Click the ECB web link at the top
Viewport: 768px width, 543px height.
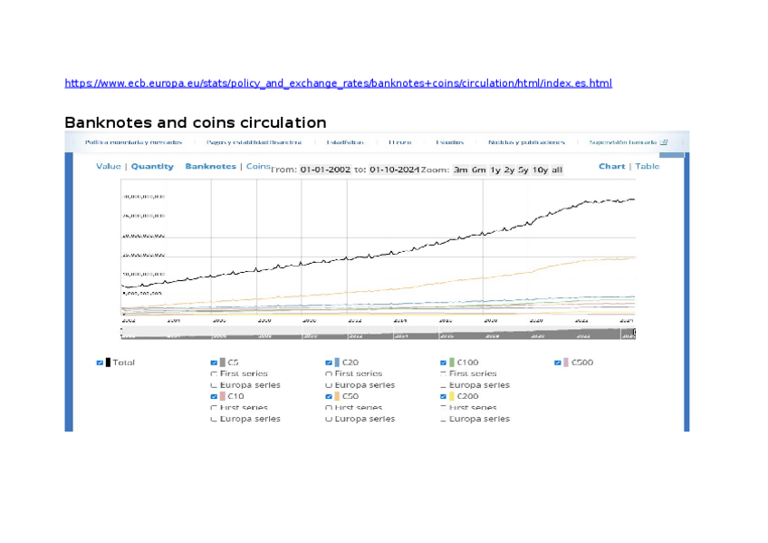tap(338, 83)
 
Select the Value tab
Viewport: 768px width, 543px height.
tap(108, 167)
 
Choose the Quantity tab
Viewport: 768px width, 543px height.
tap(152, 167)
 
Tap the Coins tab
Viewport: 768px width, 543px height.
tap(258, 167)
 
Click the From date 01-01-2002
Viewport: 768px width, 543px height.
tap(325, 170)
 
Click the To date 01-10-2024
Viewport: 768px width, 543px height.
tap(394, 170)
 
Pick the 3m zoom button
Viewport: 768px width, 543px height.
tap(460, 170)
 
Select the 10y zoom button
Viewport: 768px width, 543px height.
tap(540, 170)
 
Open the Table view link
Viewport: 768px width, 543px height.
tap(647, 167)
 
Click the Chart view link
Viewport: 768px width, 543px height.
tap(611, 167)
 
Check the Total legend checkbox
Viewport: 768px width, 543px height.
tap(100, 363)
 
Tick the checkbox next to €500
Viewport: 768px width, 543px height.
tap(558, 363)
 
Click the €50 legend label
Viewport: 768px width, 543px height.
tap(350, 396)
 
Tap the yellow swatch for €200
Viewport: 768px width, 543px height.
tap(451, 396)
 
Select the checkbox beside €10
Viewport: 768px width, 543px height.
tap(214, 396)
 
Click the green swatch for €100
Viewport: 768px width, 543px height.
tap(451, 363)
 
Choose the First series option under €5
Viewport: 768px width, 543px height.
tap(214, 373)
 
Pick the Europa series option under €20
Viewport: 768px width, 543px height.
tap(329, 385)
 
